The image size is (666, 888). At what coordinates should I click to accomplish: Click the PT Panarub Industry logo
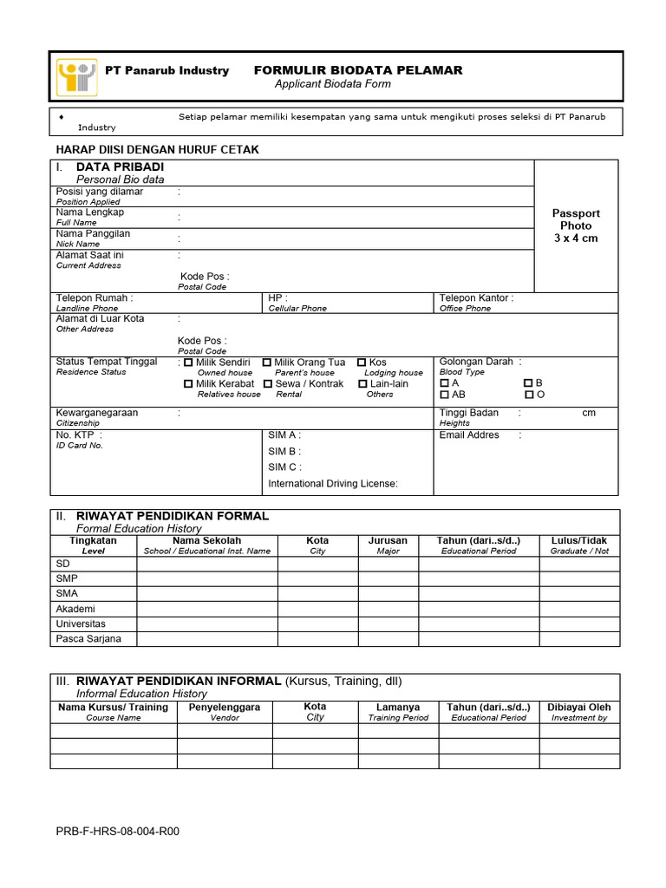click(x=76, y=76)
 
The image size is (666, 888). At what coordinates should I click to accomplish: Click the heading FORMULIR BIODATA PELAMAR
click(x=357, y=70)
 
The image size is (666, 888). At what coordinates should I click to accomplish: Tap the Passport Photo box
click(x=576, y=225)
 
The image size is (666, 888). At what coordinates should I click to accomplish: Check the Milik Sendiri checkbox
click(x=189, y=362)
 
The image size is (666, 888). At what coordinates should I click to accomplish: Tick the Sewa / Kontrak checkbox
click(x=268, y=383)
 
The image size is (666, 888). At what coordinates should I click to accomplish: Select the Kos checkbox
click(x=362, y=362)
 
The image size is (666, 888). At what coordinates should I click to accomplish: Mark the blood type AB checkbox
click(x=445, y=395)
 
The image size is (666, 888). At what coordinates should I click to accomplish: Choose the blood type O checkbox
click(x=529, y=395)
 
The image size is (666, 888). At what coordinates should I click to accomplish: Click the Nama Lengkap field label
click(x=90, y=212)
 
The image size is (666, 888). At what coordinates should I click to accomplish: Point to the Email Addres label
click(x=469, y=435)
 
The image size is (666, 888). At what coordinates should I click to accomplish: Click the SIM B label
click(x=284, y=452)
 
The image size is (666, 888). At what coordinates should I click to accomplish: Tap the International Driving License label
click(x=333, y=484)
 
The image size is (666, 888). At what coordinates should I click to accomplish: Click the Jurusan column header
click(x=388, y=540)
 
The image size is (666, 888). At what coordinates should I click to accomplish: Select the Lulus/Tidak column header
click(x=579, y=540)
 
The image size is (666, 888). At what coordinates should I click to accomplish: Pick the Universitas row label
click(x=81, y=624)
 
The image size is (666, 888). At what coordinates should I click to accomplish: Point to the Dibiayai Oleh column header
click(x=578, y=708)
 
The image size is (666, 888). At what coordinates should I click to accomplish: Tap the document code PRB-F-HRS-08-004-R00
click(x=118, y=832)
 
